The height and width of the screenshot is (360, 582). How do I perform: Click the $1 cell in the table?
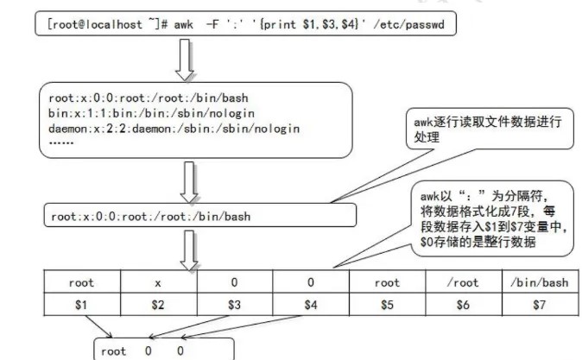click(x=82, y=305)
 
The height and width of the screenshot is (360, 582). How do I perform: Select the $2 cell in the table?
click(x=158, y=305)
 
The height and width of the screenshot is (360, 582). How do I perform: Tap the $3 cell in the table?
click(x=234, y=305)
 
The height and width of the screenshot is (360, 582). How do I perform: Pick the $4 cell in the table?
click(x=310, y=305)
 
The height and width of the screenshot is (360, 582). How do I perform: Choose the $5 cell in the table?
click(x=387, y=305)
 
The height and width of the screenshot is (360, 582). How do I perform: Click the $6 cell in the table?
click(x=462, y=305)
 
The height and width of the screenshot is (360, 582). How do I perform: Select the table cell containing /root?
click(x=462, y=282)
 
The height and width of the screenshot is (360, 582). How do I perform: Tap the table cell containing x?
click(x=158, y=282)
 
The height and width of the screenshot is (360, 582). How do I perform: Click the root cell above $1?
click(x=82, y=282)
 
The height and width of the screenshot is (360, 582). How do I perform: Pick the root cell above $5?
click(x=387, y=282)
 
